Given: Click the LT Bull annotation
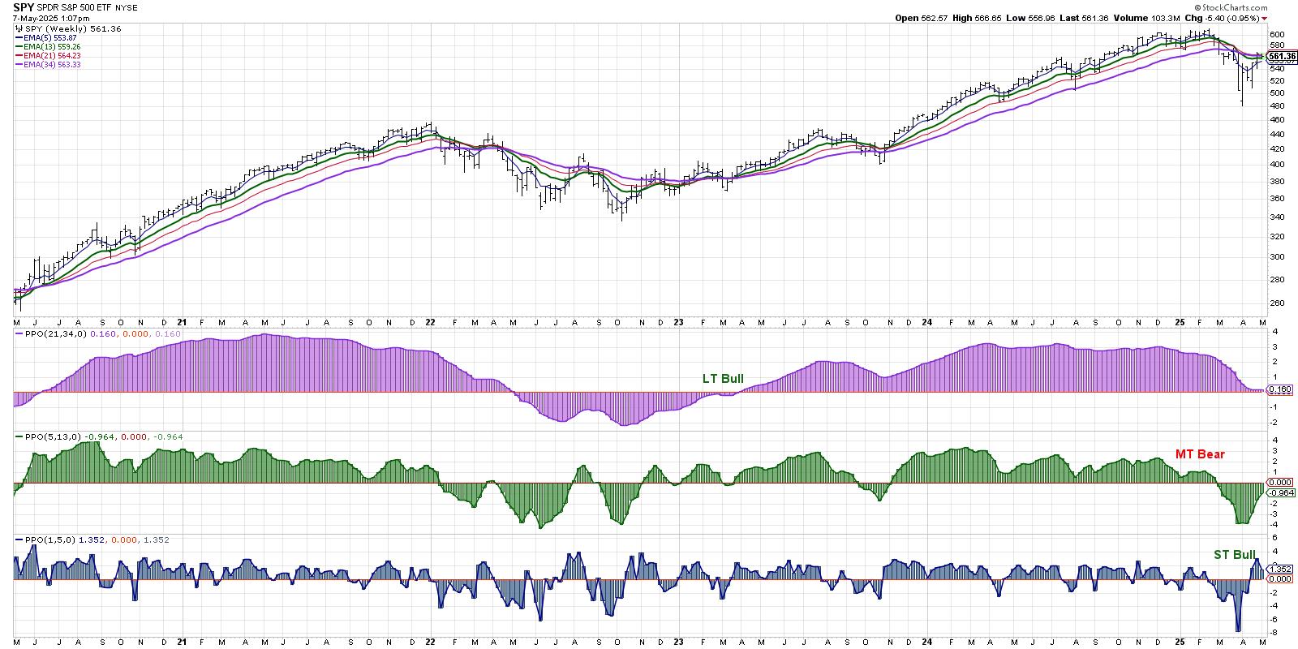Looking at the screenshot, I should [723, 379].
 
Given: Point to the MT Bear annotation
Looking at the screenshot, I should [1200, 454].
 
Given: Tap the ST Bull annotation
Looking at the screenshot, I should [1234, 555].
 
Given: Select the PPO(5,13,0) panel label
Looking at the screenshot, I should [48, 436].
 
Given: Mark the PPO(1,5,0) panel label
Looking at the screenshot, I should [45, 539].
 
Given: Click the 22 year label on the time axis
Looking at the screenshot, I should [430, 322].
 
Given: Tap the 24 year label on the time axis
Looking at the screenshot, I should [926, 322].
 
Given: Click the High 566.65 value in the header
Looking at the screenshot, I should [973, 18].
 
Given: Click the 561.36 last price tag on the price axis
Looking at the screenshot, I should [1282, 57].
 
